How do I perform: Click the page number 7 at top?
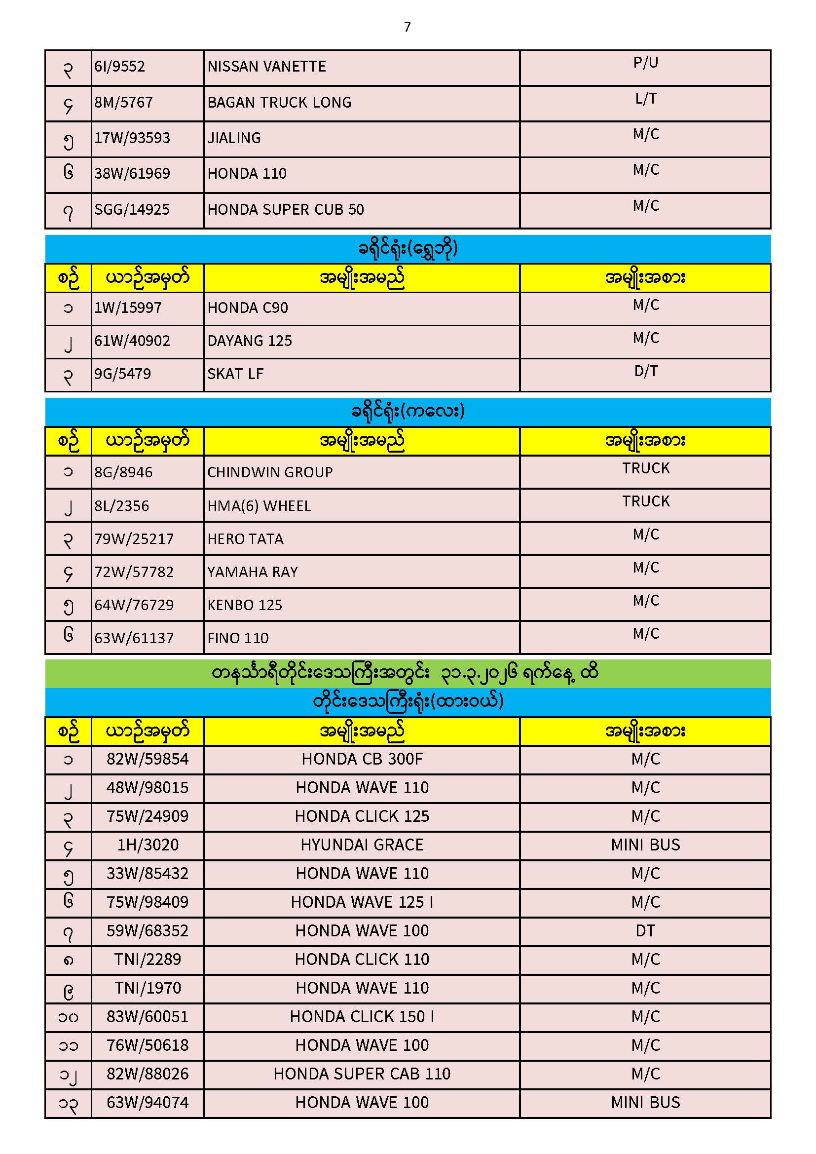(x=407, y=27)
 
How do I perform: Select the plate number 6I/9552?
(x=119, y=66)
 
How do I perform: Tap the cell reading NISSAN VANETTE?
(x=267, y=66)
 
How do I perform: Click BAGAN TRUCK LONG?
(x=279, y=103)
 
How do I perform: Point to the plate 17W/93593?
(x=132, y=138)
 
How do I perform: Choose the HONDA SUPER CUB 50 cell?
(x=285, y=209)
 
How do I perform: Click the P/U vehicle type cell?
(x=645, y=63)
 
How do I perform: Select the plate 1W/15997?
(x=128, y=308)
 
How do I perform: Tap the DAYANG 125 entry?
(x=250, y=341)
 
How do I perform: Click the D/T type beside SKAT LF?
(x=646, y=371)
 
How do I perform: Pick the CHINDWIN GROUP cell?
(x=270, y=472)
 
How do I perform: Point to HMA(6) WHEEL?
(x=260, y=505)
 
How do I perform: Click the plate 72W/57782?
(x=134, y=572)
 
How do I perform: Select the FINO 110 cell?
(x=238, y=638)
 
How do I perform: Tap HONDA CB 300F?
(x=362, y=759)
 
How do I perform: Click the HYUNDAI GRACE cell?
(x=362, y=845)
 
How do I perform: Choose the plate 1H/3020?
(x=148, y=845)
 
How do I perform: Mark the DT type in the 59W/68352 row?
(x=645, y=931)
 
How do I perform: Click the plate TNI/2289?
(x=148, y=960)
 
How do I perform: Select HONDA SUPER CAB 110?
(x=362, y=1074)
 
